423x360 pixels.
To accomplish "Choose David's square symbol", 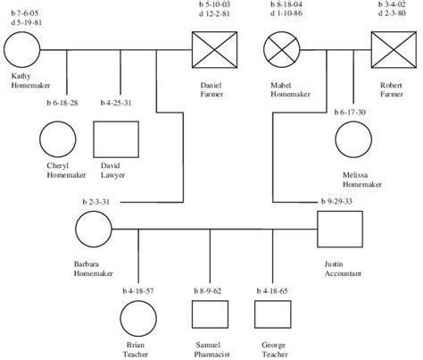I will click(112, 139).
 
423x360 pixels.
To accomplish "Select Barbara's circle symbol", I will click(94, 230).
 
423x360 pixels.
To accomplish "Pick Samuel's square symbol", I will click(208, 316).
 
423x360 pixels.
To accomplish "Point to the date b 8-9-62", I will click(207, 291).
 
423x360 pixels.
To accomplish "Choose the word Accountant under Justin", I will click(343, 273).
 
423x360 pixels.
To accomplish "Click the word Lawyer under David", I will click(112, 175).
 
